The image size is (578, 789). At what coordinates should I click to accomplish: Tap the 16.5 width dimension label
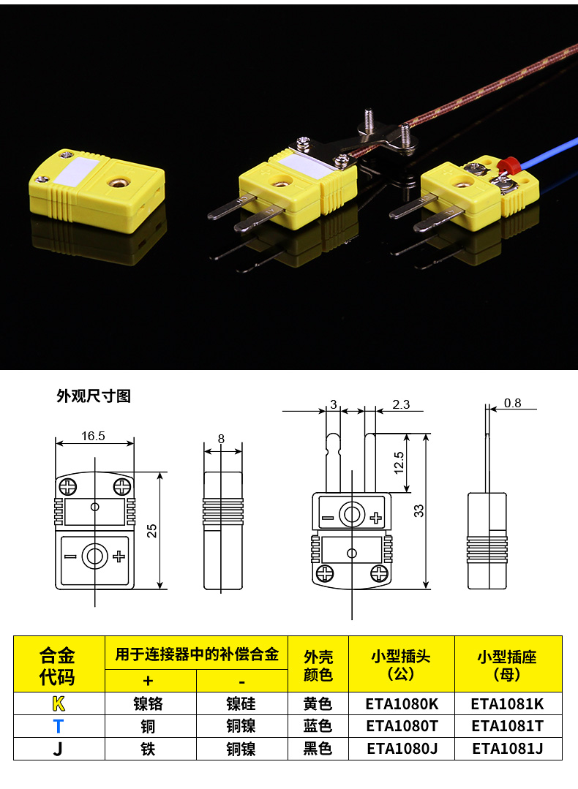[x=93, y=436]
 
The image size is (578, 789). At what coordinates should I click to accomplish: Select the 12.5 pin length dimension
[x=399, y=462]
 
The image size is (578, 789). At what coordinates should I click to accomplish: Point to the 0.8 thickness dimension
[x=513, y=403]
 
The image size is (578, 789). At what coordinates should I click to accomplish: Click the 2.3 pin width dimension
[x=401, y=404]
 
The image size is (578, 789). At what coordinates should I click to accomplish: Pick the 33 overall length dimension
[x=419, y=510]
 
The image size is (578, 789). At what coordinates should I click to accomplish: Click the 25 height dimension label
[x=151, y=531]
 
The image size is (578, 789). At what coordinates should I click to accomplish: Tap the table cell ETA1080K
[x=402, y=703]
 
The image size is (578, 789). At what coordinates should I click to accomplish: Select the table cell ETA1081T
[x=508, y=726]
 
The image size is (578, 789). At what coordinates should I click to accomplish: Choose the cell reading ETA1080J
[x=402, y=749]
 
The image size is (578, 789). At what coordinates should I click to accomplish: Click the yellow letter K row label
[x=59, y=703]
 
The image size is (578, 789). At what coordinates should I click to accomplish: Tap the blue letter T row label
[x=59, y=726]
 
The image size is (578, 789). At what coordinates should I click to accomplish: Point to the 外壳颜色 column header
[x=318, y=665]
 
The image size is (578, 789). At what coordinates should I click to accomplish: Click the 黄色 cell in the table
[x=318, y=703]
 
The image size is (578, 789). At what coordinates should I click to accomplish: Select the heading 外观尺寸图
[x=94, y=396]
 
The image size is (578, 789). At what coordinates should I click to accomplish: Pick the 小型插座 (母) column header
[x=508, y=665]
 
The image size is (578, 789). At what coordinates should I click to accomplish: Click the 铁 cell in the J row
[x=148, y=749]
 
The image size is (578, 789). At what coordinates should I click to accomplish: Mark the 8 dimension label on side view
[x=221, y=439]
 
